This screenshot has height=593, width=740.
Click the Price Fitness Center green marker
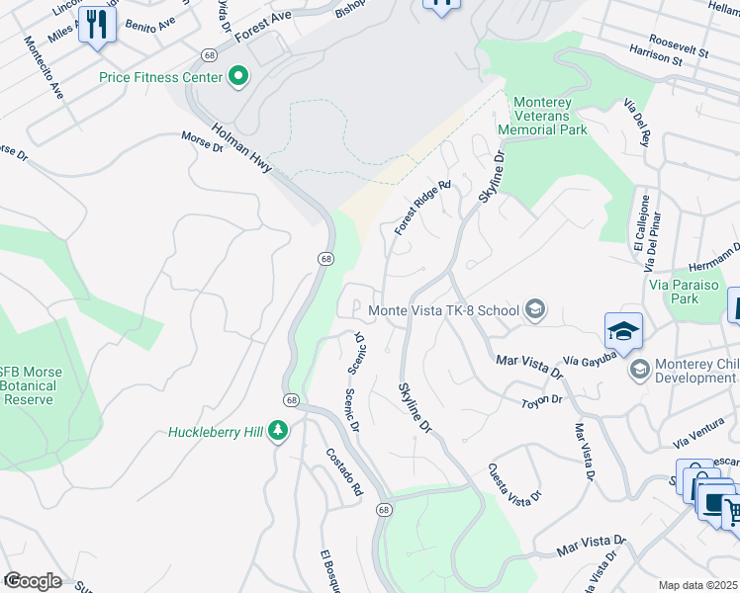(x=237, y=76)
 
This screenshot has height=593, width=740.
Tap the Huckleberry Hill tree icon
(x=279, y=432)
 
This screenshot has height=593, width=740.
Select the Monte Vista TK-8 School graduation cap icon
(x=535, y=310)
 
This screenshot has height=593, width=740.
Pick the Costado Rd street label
(x=344, y=471)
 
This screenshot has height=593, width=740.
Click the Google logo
(x=32, y=581)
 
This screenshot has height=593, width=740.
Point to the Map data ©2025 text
(x=697, y=585)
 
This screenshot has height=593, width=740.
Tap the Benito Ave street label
(x=148, y=23)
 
